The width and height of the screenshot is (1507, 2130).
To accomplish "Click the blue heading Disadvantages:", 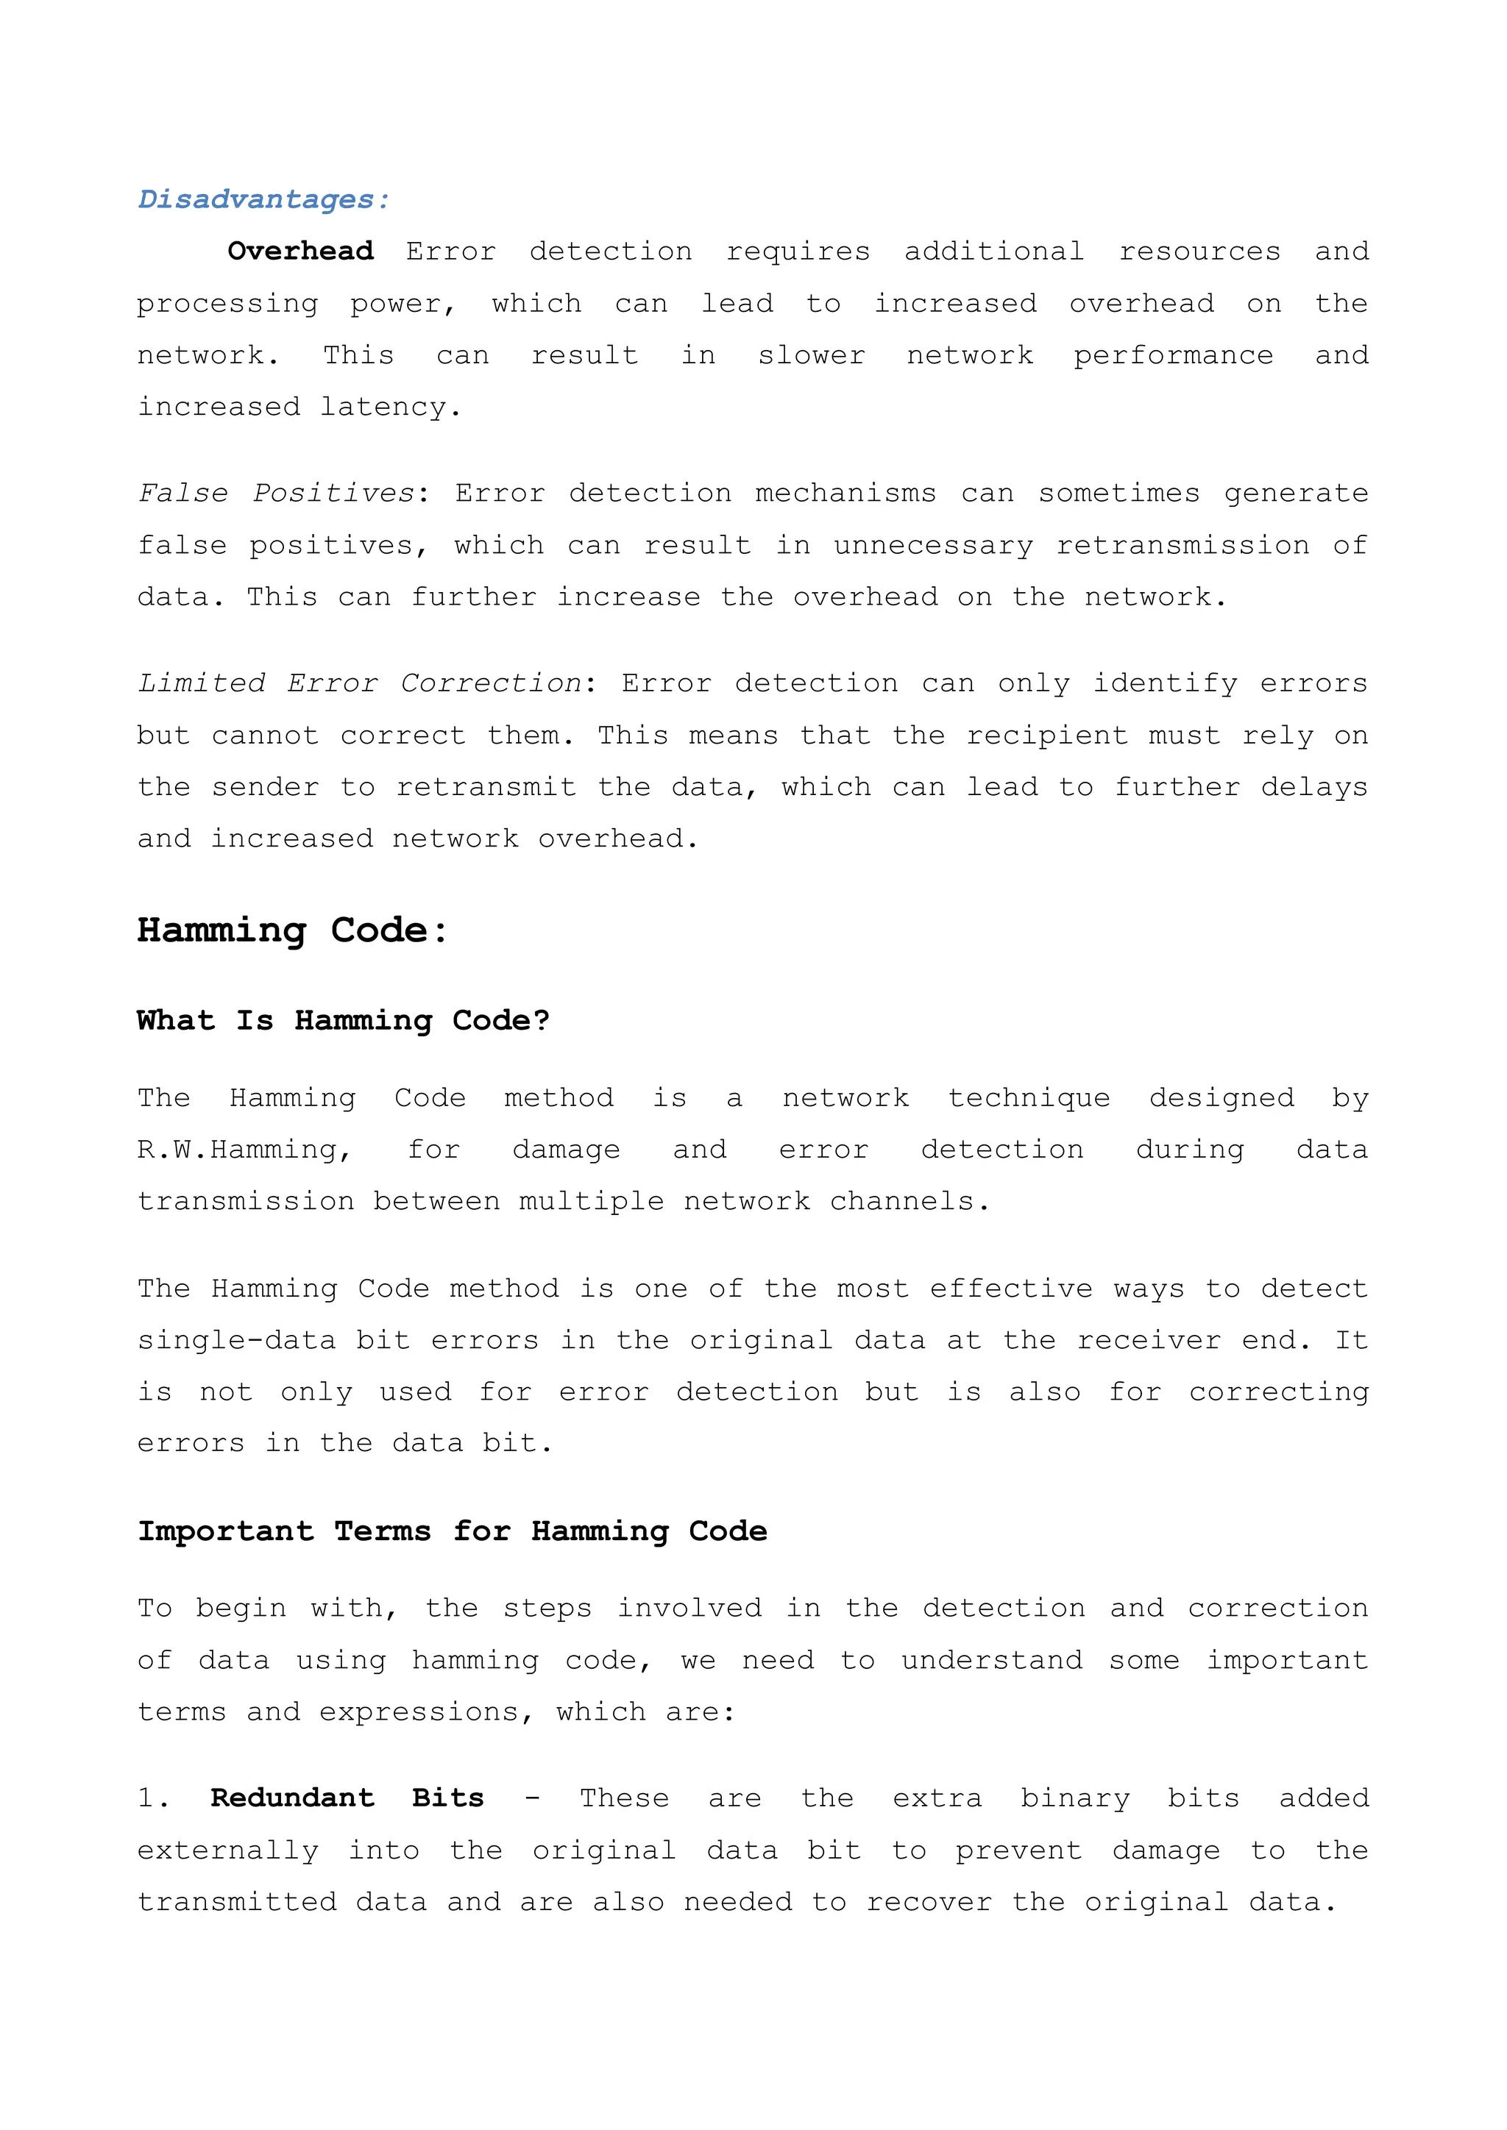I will point(263,199).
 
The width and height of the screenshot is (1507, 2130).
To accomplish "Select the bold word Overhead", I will point(301,252).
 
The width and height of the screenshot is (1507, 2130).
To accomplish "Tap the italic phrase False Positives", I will point(276,494).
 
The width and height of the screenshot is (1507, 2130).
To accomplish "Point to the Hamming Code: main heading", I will point(292,930).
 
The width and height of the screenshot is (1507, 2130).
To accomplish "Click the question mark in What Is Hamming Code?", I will point(541,1020).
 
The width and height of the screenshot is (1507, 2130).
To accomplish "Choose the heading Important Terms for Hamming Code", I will point(452,1531).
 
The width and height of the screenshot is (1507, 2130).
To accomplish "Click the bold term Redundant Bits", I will point(347,1798).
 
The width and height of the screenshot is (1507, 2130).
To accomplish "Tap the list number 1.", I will point(152,1798).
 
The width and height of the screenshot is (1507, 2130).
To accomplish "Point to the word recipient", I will point(1047,735).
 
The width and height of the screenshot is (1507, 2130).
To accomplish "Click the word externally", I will point(228,1851).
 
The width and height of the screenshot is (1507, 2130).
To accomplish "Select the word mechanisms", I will point(845,494).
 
